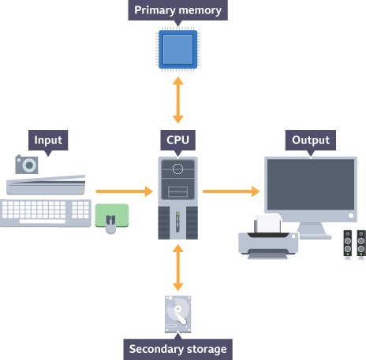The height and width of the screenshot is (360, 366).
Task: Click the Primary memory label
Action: [178, 11]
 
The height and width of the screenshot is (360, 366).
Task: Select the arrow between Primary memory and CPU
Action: [178, 100]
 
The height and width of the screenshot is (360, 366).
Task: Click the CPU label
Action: [178, 141]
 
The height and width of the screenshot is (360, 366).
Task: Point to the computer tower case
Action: [178, 197]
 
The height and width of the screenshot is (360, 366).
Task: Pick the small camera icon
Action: [27, 164]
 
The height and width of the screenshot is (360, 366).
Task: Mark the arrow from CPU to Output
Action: [231, 191]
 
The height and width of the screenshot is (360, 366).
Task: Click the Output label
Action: [311, 141]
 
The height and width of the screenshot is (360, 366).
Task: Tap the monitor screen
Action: [310, 185]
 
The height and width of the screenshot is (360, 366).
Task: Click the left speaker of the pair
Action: [348, 245]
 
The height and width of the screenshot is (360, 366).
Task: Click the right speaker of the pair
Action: [360, 245]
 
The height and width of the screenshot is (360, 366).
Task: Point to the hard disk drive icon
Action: [178, 315]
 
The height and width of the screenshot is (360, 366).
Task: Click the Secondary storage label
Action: [178, 348]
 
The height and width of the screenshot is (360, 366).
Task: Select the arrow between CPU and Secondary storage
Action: [178, 268]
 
